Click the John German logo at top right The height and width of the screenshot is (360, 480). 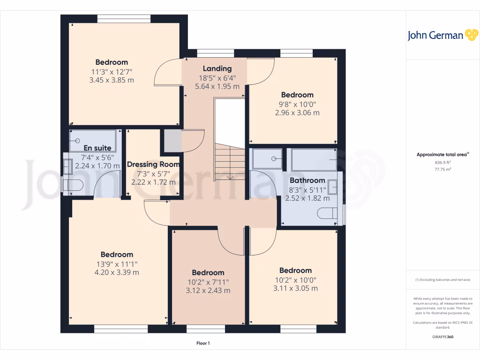click(442, 35)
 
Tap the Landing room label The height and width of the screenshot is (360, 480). click(217, 68)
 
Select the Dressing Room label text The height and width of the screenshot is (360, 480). click(153, 165)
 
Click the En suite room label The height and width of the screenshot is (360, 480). click(97, 148)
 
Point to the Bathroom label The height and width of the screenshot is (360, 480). click(307, 180)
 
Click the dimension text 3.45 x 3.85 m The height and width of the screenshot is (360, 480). click(112, 80)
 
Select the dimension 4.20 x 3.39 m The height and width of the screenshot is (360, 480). click(117, 272)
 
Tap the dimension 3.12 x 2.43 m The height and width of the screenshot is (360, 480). click(208, 290)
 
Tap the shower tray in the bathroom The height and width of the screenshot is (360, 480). click(267, 158)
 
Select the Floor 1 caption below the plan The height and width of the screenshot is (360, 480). click(203, 344)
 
